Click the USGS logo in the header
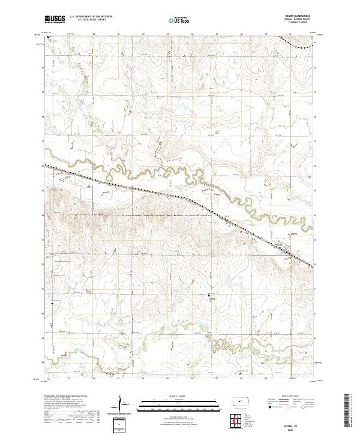[54, 19]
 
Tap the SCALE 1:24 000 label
[180, 395]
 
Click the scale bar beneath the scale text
[180, 401]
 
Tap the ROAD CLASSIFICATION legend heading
[292, 396]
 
